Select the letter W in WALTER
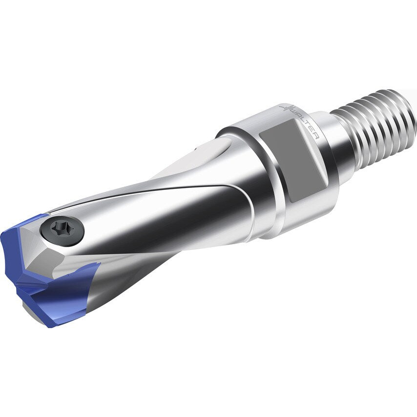click(293, 113)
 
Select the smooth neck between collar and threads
click(342, 146)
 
